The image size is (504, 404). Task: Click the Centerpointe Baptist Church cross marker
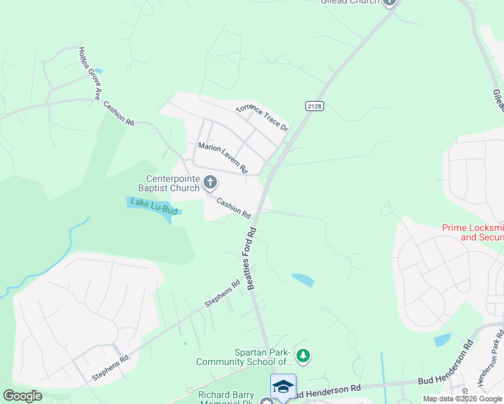[210, 182]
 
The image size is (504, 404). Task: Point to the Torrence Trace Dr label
[261, 118]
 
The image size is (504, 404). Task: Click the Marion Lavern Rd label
[222, 156]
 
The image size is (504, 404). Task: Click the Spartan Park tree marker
[303, 355]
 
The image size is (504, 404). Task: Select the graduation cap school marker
[284, 387]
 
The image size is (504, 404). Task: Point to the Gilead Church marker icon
[389, 3]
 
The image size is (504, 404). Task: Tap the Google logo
[22, 396]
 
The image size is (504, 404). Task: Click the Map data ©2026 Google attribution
[462, 399]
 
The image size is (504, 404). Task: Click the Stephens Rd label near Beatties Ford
[222, 294]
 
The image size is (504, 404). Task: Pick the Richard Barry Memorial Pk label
[226, 397]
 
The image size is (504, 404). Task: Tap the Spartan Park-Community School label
[243, 357]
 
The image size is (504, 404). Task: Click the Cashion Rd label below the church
[233, 208]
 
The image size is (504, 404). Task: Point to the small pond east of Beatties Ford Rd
[303, 279]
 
